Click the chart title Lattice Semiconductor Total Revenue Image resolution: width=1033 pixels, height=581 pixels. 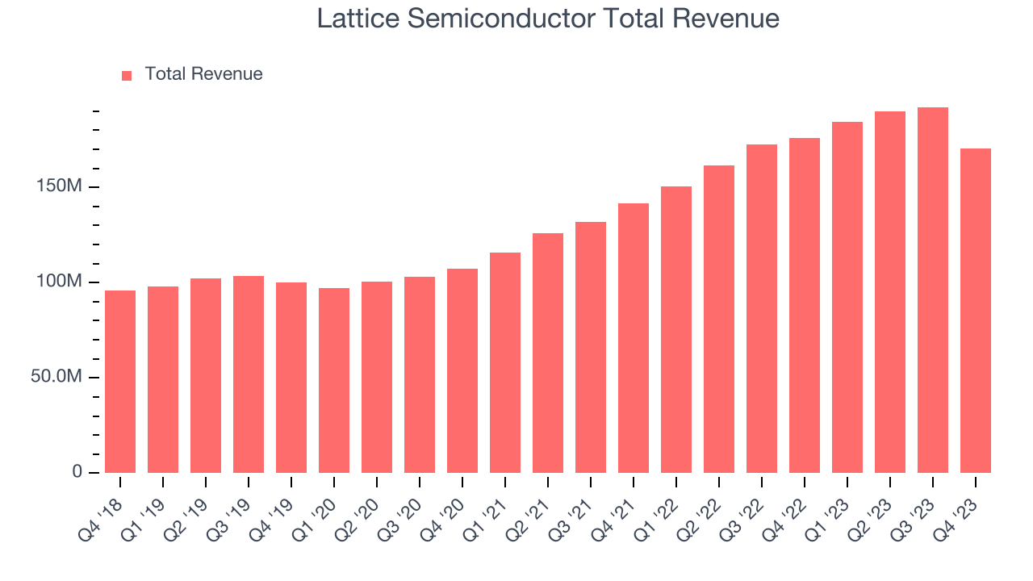click(548, 19)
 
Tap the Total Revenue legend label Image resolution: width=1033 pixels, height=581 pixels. click(203, 74)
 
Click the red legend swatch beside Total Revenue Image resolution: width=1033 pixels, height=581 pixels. click(127, 75)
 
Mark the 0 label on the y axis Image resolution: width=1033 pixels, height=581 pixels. click(77, 471)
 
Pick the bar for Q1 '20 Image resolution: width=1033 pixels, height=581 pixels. click(334, 380)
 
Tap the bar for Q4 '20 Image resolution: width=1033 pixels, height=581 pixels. click(462, 370)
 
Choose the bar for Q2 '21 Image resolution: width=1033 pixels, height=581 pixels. click(548, 353)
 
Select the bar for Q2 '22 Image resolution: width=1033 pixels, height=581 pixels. click(719, 319)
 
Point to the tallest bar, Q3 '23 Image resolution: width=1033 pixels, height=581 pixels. click(933, 290)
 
